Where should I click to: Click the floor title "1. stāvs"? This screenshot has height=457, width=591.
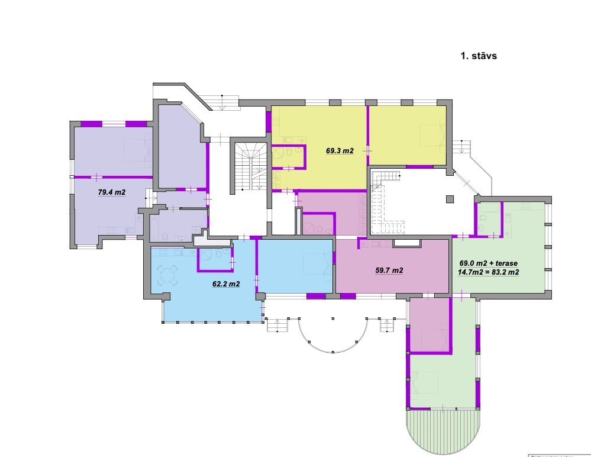pos(478,56)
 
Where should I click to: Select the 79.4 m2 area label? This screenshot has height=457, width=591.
pos(112,192)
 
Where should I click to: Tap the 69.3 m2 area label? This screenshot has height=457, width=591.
pos(340,151)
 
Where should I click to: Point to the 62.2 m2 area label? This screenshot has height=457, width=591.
pos(226,284)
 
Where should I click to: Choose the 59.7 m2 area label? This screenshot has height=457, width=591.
pos(389,271)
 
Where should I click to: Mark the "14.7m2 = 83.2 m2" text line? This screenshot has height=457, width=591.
pos(489,272)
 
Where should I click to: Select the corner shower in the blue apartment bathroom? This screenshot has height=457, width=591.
pos(206,254)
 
